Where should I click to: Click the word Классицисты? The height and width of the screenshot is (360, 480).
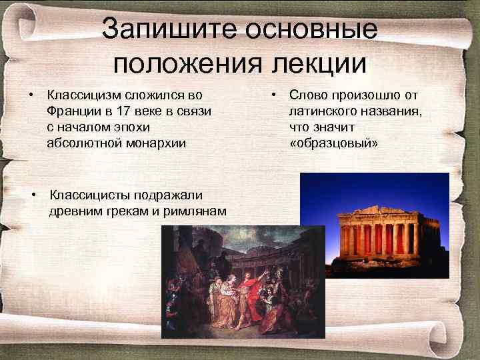pos(90,195)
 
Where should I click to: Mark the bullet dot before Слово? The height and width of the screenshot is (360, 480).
pos(275,95)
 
